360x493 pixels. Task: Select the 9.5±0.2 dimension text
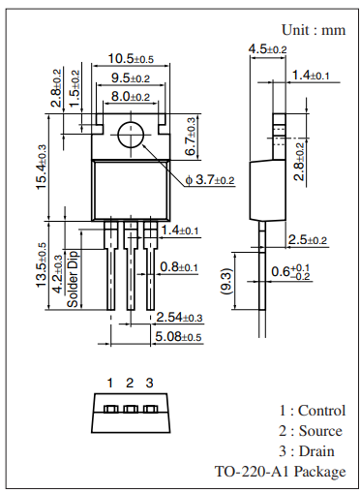(129, 78)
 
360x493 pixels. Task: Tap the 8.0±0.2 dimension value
(129, 97)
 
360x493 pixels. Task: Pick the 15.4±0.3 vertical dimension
(43, 168)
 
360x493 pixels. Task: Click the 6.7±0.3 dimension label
(190, 137)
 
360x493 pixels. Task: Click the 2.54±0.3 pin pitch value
(180, 318)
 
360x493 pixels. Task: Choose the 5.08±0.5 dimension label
(180, 336)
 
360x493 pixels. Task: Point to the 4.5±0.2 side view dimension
(268, 48)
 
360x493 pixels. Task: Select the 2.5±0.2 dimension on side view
(306, 239)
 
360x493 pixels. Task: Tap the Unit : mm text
(313, 30)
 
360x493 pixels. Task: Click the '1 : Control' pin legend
(312, 411)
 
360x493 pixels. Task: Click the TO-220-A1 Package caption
(280, 472)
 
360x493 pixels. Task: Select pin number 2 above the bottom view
(130, 383)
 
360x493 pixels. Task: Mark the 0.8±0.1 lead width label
(179, 267)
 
